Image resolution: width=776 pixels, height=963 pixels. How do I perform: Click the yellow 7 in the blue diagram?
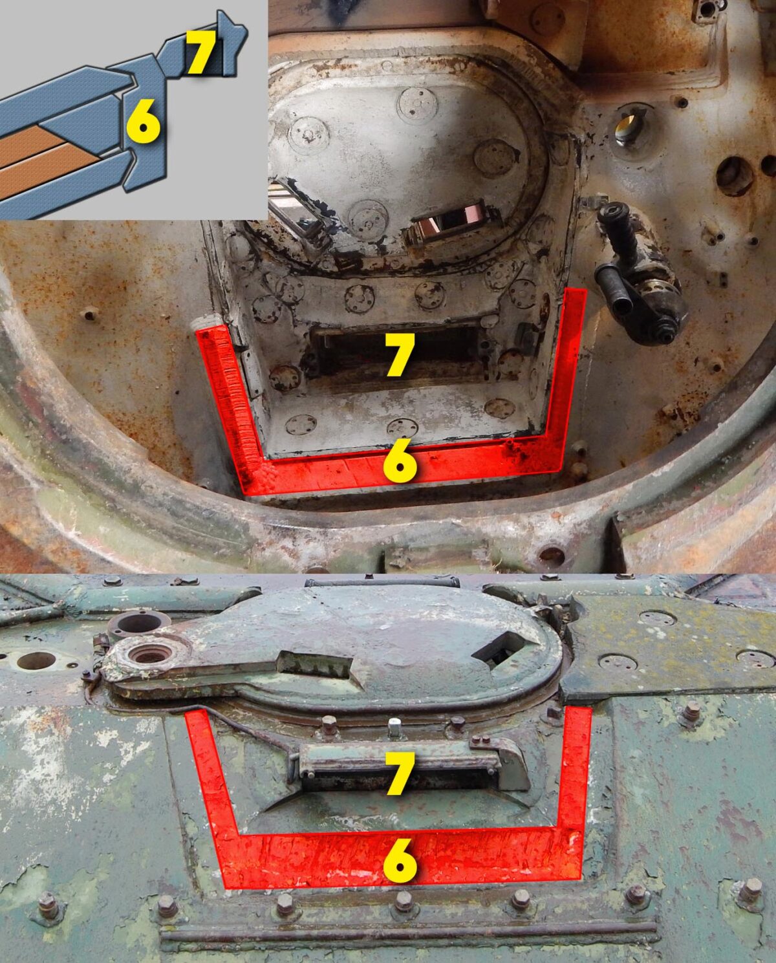pos(201,52)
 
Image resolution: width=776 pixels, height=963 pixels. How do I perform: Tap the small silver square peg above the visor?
pos(393,727)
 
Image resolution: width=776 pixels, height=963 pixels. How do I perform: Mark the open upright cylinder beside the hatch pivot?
pos(139,623)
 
